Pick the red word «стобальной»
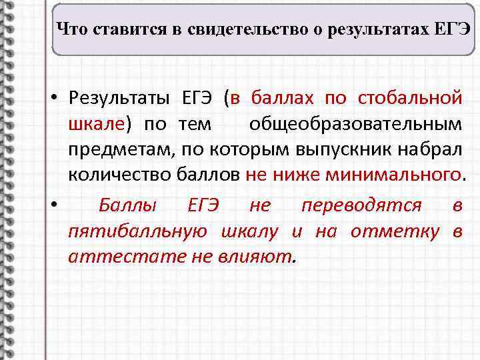409,99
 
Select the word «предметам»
118,150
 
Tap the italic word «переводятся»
361,206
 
